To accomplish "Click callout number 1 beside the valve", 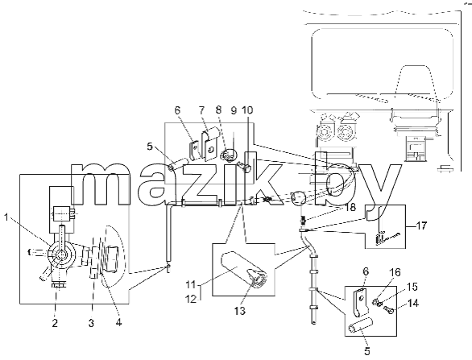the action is (x=6, y=217).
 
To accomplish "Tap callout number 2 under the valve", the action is (x=55, y=323).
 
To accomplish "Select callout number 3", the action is (x=91, y=323).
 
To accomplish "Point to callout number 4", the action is (x=118, y=323).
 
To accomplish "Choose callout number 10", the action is (x=247, y=110).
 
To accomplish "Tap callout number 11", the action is (x=191, y=284).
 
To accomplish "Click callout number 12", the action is (x=191, y=299).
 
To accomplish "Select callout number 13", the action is (x=240, y=311).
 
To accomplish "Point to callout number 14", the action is (x=413, y=303).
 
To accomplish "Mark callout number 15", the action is (x=412, y=287).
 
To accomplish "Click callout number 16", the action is (x=395, y=272).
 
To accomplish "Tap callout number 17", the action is (x=421, y=226).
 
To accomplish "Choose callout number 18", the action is (x=350, y=208).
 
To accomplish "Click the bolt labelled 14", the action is (x=388, y=309).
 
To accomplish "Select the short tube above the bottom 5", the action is (x=361, y=326).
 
